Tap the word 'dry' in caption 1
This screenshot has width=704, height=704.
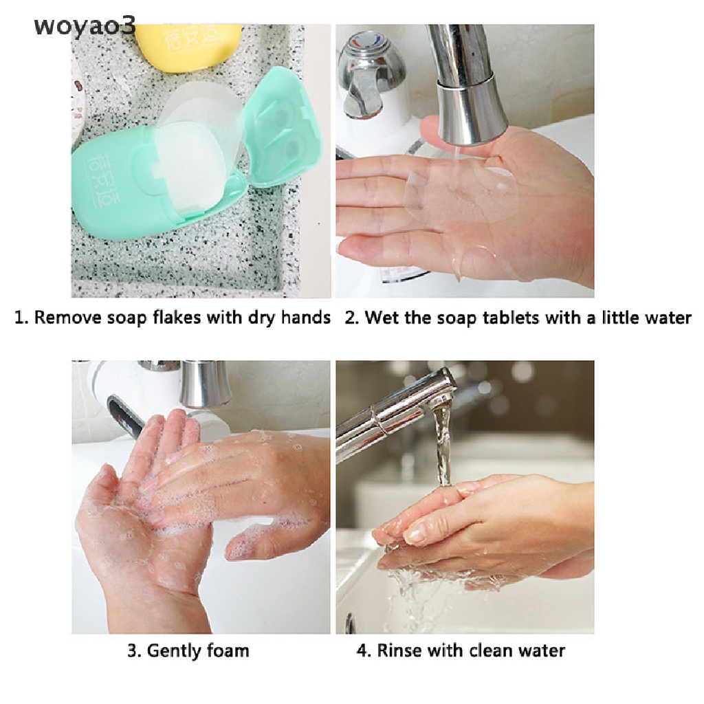[258, 318]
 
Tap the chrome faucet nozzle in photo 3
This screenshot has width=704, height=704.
[205, 385]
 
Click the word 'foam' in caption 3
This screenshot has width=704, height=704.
[228, 650]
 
